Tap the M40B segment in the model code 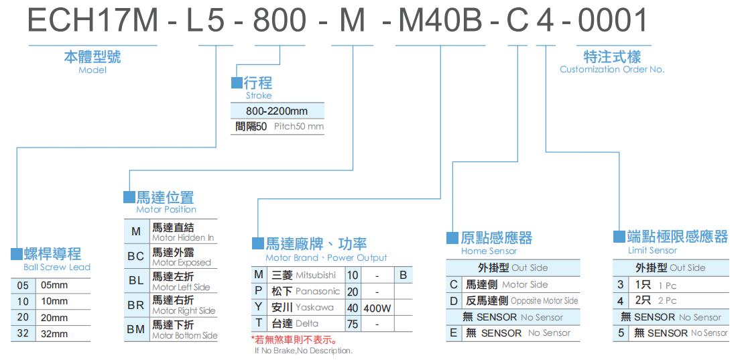[440, 21]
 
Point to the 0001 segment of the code [613, 21]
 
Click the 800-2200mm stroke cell [277, 111]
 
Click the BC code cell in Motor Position [136, 256]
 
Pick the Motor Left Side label [181, 287]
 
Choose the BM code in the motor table [136, 329]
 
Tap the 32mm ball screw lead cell [55, 333]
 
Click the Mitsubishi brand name [316, 276]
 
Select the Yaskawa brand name [314, 308]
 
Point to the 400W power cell [377, 308]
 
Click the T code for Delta [259, 323]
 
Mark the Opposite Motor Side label [544, 301]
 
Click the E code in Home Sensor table [454, 333]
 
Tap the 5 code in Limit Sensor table [621, 333]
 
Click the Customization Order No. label [612, 70]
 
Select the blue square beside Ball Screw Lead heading [17, 254]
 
